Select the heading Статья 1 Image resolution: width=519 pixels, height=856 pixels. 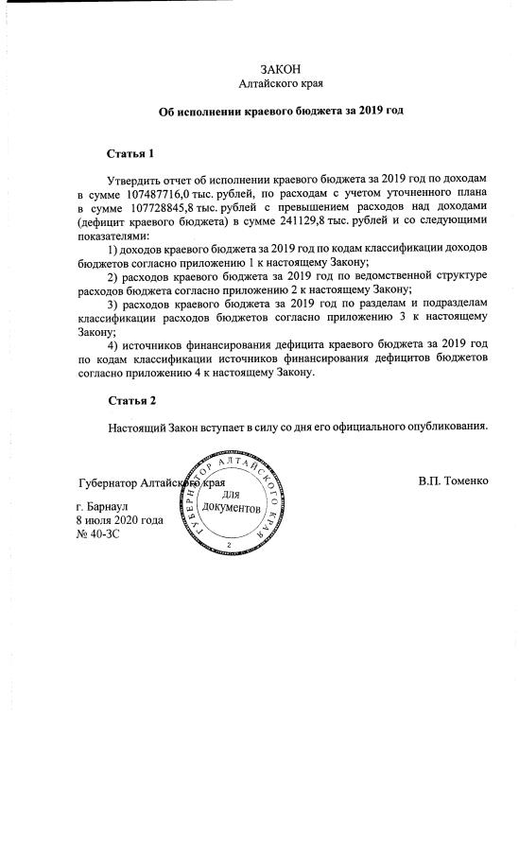[130, 152]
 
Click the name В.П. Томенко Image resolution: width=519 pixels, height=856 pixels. [453, 480]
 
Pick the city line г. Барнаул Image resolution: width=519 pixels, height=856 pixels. [103, 507]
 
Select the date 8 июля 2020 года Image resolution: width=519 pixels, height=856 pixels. [119, 520]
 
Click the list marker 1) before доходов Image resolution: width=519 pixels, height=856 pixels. [114, 248]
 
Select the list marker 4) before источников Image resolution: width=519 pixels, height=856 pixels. [114, 344]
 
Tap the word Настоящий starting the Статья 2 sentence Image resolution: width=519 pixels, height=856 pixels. [138, 427]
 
